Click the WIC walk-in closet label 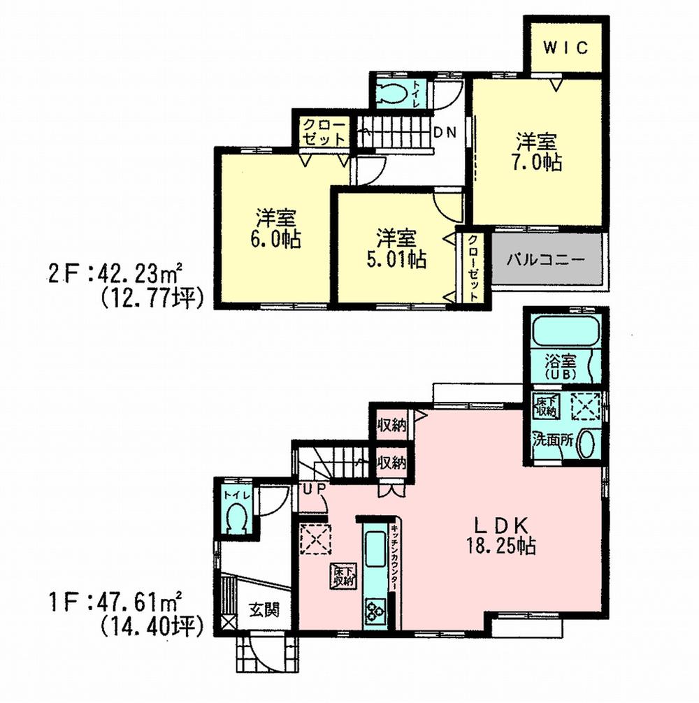pyautogui.click(x=565, y=48)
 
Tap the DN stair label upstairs pyautogui.click(x=445, y=132)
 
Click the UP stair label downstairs pyautogui.click(x=312, y=489)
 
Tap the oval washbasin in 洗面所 pyautogui.click(x=586, y=444)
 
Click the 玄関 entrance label pyautogui.click(x=264, y=609)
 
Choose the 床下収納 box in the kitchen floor pyautogui.click(x=343, y=575)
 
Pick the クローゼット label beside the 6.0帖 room pyautogui.click(x=324, y=131)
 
